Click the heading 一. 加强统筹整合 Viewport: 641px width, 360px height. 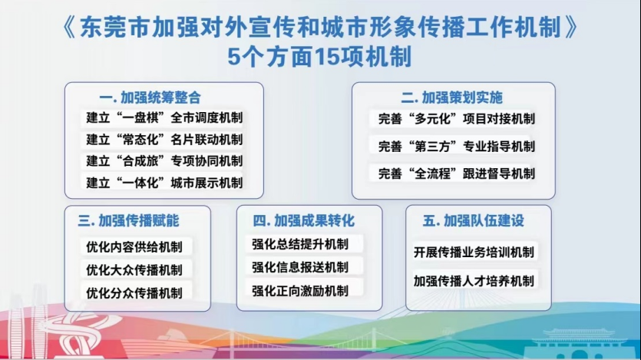tap(150, 97)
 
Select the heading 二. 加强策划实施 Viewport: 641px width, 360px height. tap(451, 97)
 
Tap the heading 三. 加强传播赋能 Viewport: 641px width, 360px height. tap(128, 220)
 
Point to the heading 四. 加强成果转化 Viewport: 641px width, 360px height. tap(304, 220)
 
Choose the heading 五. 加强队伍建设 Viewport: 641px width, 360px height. tap(474, 220)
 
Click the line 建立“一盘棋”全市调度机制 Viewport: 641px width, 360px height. tap(164, 117)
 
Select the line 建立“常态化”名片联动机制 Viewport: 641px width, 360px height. tap(164, 140)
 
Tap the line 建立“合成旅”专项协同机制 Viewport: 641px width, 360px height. tap(164, 161)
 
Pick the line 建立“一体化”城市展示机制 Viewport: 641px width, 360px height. tap(164, 183)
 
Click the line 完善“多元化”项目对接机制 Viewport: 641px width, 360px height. tap(457, 119)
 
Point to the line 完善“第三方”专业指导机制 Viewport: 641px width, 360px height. tap(457, 147)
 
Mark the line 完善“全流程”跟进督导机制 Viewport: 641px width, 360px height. tap(457, 173)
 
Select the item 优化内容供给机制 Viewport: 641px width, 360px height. tap(134, 247)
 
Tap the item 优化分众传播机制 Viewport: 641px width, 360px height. tap(134, 293)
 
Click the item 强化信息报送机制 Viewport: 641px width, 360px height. tap(300, 267)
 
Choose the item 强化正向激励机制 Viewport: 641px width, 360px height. tap(300, 291)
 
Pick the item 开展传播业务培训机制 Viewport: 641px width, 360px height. tap(474, 252)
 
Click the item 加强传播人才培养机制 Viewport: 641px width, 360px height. tap(474, 281)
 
